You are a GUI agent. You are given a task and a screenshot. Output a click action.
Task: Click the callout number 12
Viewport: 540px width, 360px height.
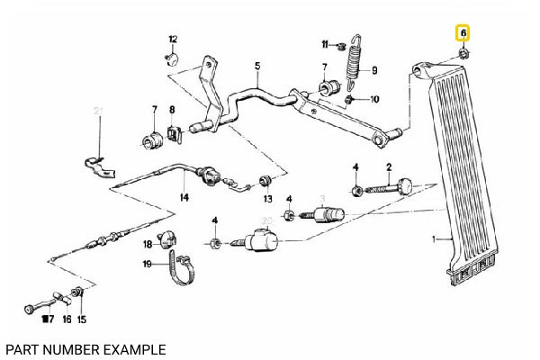coord(174,39)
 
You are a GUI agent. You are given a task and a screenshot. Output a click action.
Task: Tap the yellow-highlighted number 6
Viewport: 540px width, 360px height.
coord(463,33)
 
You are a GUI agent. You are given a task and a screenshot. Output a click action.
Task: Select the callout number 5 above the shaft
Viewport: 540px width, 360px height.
coord(256,66)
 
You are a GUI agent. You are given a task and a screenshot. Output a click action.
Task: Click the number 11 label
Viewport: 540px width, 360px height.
coord(326,44)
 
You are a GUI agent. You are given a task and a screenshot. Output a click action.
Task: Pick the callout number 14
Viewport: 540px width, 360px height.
coord(184,197)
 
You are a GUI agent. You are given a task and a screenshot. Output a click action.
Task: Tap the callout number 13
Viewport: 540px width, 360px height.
coord(267,198)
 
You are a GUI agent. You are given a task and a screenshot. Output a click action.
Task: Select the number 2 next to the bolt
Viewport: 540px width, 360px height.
coord(389,166)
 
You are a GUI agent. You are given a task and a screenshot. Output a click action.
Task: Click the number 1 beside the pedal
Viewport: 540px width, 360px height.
coord(434,238)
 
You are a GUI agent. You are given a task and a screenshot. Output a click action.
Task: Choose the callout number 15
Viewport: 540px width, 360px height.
coord(82,319)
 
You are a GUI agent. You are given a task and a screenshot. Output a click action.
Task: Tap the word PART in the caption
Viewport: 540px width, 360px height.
coord(22,347)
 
